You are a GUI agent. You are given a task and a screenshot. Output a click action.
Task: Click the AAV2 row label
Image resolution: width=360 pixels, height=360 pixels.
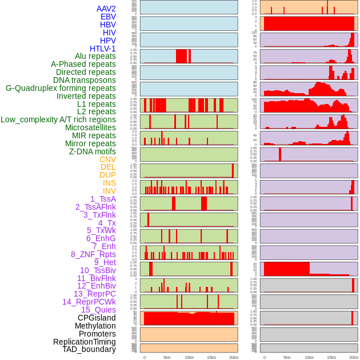tap(106, 9)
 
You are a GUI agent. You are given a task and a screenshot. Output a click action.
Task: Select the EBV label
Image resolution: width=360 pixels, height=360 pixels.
tap(108, 17)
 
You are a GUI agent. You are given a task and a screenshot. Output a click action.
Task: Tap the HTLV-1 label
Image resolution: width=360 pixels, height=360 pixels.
tap(102, 49)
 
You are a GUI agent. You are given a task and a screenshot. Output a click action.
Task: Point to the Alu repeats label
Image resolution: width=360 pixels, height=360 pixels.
tap(91, 57)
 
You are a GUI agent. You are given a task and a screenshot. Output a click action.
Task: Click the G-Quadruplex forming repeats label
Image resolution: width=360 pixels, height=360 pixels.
tap(61, 88)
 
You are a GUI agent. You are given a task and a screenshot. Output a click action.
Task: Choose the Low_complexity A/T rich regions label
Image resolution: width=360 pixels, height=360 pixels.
tap(58, 119)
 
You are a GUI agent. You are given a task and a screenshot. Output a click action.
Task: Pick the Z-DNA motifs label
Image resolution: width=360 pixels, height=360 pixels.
tap(92, 151)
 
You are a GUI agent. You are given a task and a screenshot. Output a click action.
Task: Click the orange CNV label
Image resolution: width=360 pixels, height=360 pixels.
tap(107, 159)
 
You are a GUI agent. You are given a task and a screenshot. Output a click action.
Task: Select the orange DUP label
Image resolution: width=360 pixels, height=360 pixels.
tap(107, 175)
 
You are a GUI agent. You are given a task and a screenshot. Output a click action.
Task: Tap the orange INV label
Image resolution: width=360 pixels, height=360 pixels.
tap(109, 191)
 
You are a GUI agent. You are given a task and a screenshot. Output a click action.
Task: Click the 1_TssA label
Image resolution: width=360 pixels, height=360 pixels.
tap(103, 199)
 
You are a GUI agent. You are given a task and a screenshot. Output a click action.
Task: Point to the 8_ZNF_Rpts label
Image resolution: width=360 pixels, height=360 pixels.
tap(93, 254)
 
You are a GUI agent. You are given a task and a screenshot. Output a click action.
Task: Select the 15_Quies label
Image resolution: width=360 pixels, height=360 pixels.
tap(98, 310)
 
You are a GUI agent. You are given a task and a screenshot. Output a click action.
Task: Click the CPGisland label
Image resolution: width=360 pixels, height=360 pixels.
tap(97, 318)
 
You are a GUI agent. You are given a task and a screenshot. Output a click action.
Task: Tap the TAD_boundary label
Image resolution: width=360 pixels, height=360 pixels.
tap(89, 349)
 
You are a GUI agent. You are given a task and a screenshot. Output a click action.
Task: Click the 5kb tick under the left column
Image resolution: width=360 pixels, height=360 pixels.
tap(167, 357)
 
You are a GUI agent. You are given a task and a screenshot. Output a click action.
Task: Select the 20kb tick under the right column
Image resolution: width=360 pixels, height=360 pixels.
tap(354, 357)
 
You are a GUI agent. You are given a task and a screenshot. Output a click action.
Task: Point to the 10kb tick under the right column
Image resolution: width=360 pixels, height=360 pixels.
tap(309, 357)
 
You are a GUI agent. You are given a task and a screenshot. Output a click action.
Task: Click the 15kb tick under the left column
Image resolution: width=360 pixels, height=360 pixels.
tap(211, 357)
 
